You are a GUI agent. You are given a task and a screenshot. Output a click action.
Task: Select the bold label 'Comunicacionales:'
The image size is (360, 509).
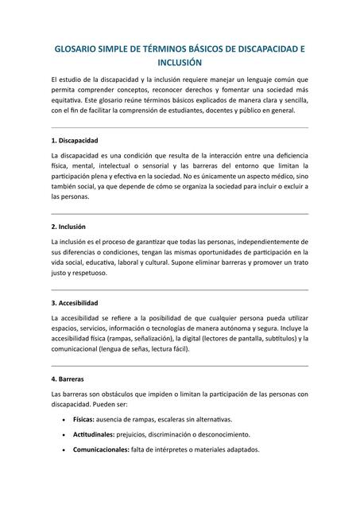[101, 449]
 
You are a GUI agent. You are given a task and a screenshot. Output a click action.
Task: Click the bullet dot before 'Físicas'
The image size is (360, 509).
[63, 419]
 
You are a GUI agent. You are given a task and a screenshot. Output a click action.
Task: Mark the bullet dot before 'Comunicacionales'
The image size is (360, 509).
[63, 449]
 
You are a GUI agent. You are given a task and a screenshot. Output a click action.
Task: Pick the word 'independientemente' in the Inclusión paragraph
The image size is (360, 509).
[270, 241]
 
